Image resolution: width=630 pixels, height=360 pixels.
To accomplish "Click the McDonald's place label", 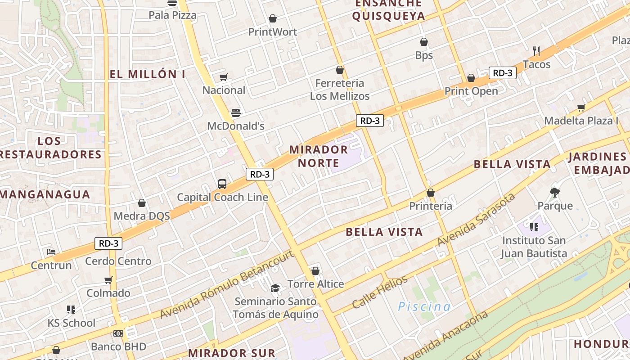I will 235,126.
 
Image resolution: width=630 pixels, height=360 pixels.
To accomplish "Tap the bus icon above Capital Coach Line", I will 222,184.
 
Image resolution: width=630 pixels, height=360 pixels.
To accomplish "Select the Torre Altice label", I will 315,284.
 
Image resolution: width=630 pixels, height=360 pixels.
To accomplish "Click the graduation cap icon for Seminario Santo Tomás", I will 275,288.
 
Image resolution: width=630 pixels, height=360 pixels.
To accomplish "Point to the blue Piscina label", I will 424,307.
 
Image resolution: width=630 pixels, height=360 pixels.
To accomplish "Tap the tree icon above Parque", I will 555,193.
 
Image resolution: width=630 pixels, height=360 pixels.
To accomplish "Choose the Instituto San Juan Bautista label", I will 534,247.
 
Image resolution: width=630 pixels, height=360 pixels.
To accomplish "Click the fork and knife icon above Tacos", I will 536,51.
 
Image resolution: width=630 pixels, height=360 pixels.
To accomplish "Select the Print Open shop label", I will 471,91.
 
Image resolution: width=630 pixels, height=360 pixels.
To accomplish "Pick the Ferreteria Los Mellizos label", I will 340,90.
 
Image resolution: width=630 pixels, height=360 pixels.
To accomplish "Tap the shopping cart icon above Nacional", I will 223,77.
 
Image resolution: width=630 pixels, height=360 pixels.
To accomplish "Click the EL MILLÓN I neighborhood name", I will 148,74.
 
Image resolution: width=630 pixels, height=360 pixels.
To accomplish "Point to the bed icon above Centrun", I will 51,252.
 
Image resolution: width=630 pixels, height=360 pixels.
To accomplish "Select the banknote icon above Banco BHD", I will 118,333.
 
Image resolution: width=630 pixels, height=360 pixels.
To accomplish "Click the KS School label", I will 72,323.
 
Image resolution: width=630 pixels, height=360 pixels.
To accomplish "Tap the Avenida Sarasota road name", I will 476,220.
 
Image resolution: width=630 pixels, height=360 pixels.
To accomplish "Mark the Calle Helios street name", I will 380,292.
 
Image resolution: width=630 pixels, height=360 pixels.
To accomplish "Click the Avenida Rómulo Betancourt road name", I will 227,284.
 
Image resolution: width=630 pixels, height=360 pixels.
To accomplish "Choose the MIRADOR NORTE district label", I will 318,156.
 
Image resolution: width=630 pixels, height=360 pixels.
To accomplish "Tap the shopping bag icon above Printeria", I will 431,193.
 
